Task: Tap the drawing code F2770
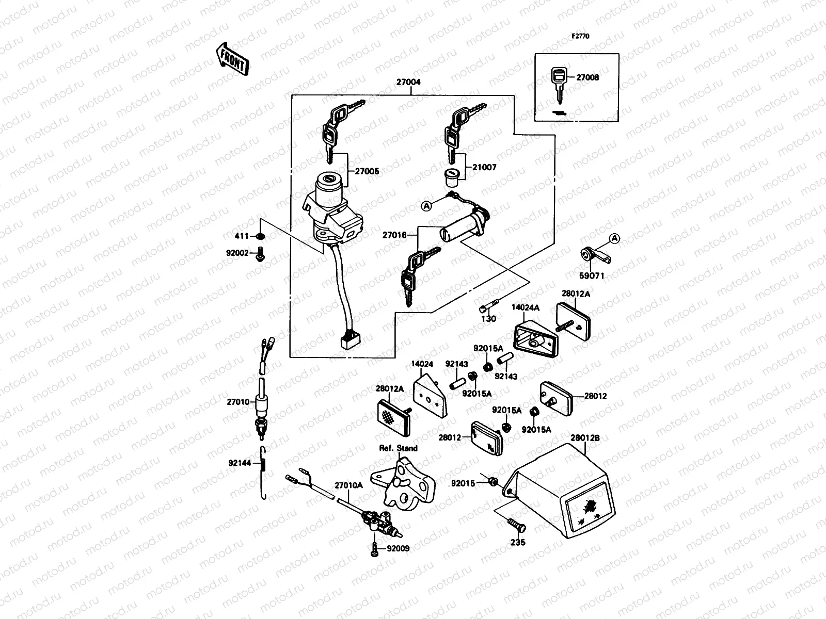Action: pos(580,37)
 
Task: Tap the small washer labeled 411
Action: pos(260,236)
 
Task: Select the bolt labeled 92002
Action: pos(260,253)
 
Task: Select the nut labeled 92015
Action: pos(493,482)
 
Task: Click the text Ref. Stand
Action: pos(398,448)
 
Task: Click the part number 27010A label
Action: pos(348,485)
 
